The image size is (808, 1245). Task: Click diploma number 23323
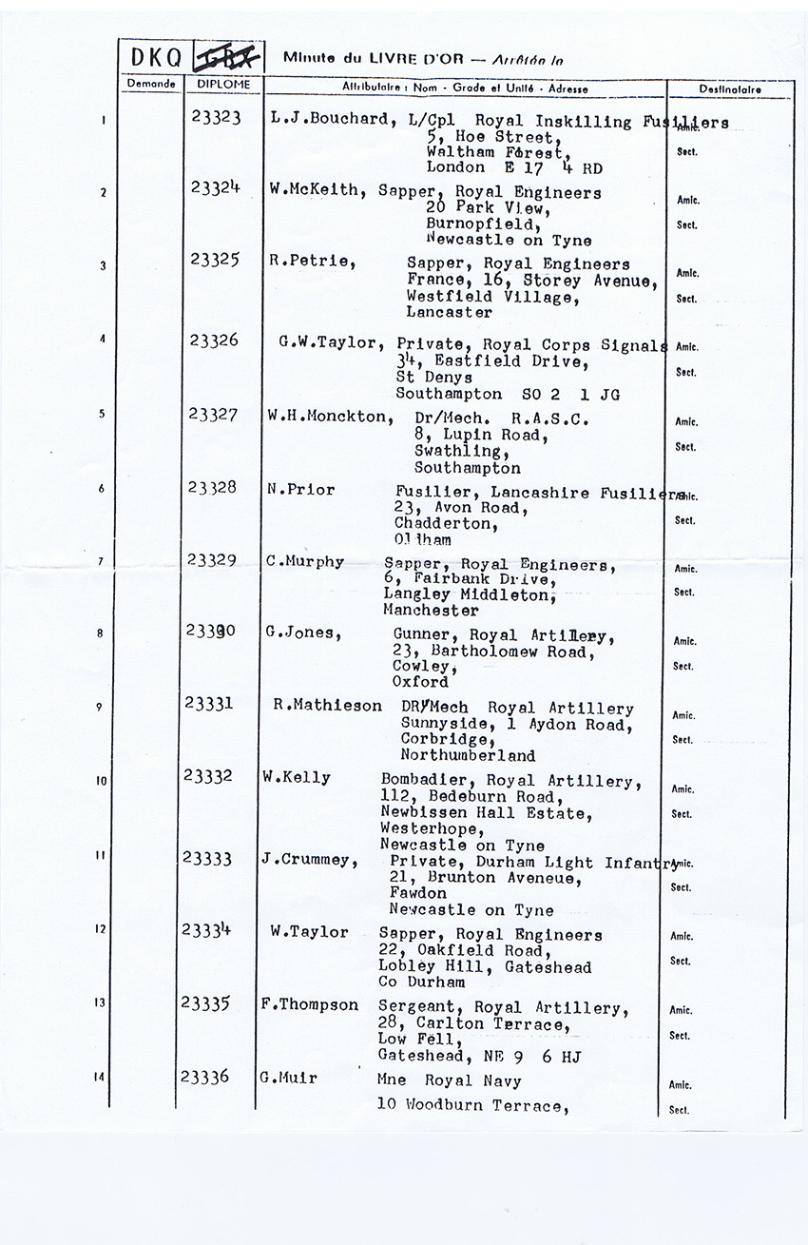pyautogui.click(x=214, y=117)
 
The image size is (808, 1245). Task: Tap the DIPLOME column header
pyautogui.click(x=223, y=84)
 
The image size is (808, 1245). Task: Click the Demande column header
pyautogui.click(x=151, y=84)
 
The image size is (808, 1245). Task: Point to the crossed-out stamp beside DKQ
pyautogui.click(x=228, y=58)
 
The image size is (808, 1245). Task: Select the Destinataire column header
pyautogui.click(x=730, y=88)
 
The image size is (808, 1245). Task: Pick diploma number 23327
pyautogui.click(x=213, y=414)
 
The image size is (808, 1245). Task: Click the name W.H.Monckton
pyautogui.click(x=328, y=417)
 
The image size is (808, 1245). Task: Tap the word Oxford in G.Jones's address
pyautogui.click(x=420, y=682)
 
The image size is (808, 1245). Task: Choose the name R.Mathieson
pyautogui.click(x=327, y=706)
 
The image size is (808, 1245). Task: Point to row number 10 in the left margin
pyautogui.click(x=101, y=781)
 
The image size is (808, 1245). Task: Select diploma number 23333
pyautogui.click(x=207, y=858)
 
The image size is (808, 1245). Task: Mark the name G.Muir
pyautogui.click(x=287, y=1079)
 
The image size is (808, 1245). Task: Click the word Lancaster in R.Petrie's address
pyautogui.click(x=449, y=312)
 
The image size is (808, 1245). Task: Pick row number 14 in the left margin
pyautogui.click(x=100, y=1077)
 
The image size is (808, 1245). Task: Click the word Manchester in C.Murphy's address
pyautogui.click(x=432, y=611)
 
